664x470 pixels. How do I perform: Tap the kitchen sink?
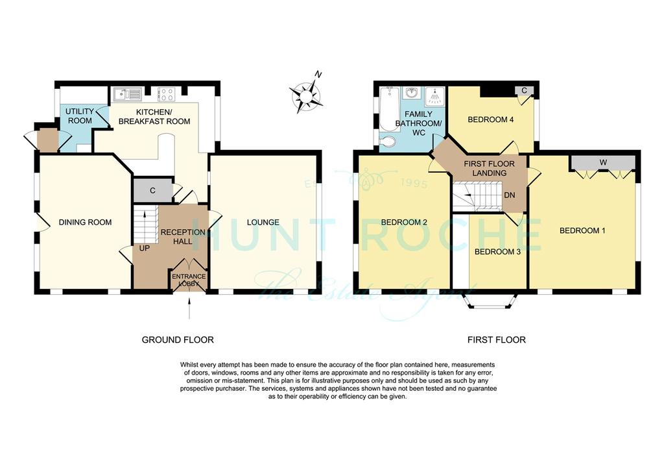pos(127,93)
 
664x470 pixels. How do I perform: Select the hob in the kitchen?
pos(165,94)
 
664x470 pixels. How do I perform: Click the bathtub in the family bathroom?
pos(388,109)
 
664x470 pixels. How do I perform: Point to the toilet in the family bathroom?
pos(388,140)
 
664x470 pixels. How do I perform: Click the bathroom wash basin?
pos(410,92)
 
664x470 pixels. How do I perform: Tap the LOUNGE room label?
pos(263,222)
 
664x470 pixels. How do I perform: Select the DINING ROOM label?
pos(85,222)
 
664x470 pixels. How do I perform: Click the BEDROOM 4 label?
pos(490,119)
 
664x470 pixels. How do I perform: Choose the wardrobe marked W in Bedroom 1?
pos(603,163)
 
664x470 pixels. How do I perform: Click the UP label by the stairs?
pos(145,248)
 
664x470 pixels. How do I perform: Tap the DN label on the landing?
pos(510,195)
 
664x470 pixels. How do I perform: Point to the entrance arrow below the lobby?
pos(189,308)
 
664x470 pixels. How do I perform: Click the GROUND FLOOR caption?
pos(178,340)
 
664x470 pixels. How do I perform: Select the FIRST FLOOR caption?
pos(496,340)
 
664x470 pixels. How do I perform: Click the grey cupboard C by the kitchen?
pos(152,191)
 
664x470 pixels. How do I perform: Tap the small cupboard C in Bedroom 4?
pos(524,90)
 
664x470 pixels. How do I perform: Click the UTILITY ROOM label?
pos(80,116)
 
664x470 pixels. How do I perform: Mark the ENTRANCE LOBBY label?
pos(189,280)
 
